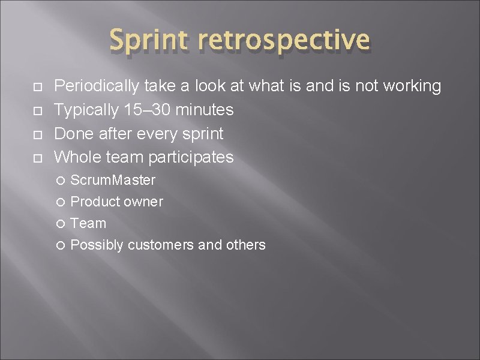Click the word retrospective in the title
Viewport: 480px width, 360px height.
point(284,41)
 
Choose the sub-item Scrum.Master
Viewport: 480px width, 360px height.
point(113,180)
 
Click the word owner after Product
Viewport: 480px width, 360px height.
point(143,202)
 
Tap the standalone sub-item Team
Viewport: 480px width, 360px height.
point(88,223)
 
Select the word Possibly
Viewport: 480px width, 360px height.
point(97,245)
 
